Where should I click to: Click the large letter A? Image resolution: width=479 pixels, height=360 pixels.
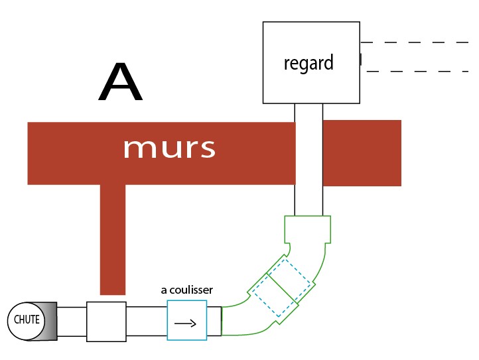pyautogui.click(x=120, y=84)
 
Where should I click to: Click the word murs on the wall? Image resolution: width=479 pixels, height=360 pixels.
pyautogui.click(x=169, y=148)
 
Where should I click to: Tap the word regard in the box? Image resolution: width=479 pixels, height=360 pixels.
pyautogui.click(x=308, y=64)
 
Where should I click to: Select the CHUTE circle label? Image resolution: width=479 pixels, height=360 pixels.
pyautogui.click(x=27, y=320)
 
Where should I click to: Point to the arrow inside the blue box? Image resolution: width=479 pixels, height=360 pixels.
pyautogui.click(x=185, y=324)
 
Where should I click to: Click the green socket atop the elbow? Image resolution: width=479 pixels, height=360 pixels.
pyautogui.click(x=307, y=229)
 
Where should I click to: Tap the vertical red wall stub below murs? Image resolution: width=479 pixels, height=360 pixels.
pyautogui.click(x=112, y=239)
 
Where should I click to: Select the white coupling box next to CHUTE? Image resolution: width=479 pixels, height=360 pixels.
pyautogui.click(x=106, y=321)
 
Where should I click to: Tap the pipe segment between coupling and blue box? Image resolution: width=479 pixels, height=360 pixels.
pyautogui.click(x=146, y=321)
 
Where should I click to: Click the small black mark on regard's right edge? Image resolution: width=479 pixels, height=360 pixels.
pyautogui.click(x=360, y=60)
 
